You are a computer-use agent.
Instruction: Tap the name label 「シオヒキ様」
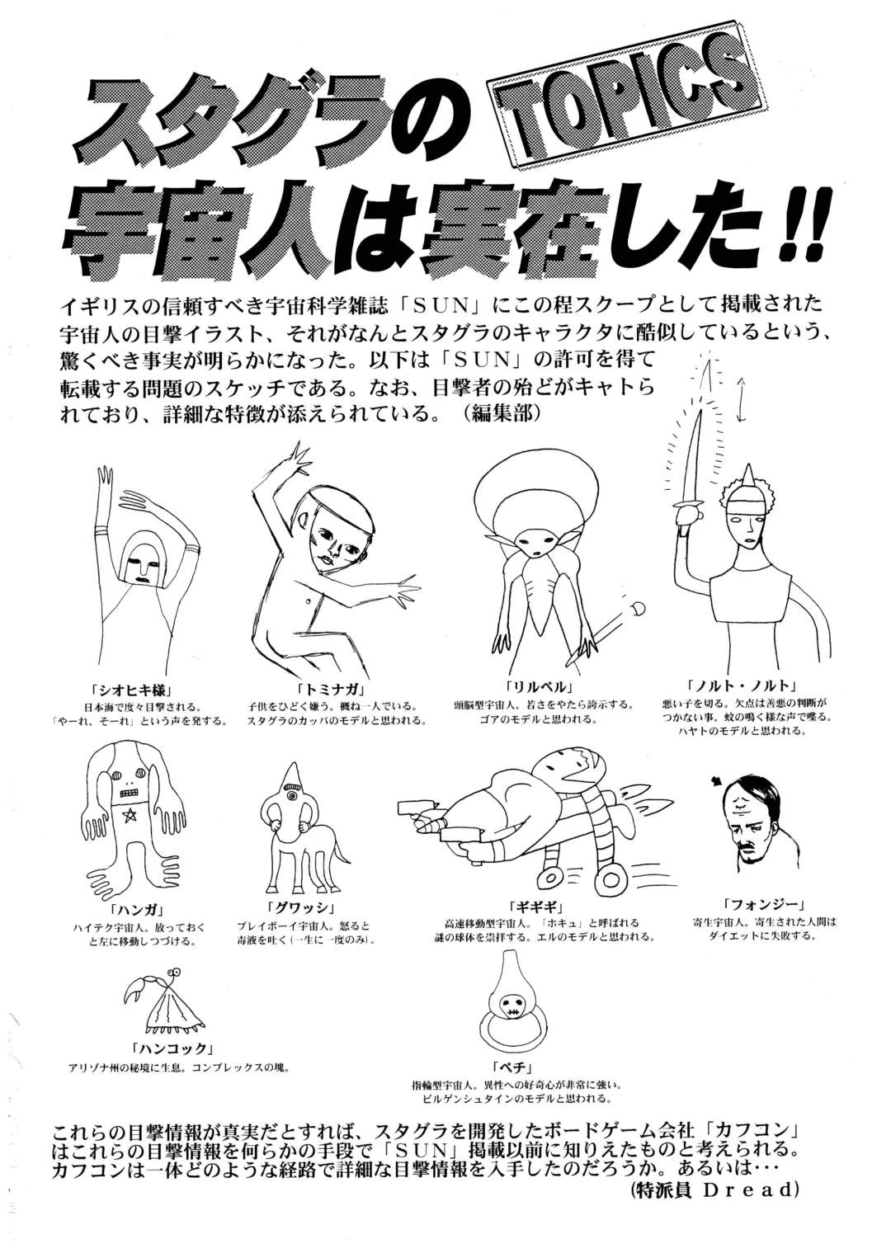pos(125,689)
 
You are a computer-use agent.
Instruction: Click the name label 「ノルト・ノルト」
pos(742,686)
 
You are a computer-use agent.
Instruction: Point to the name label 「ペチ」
pos(511,1068)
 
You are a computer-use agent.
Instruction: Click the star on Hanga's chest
pos(130,816)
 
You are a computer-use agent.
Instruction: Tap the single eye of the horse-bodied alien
pos(290,795)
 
